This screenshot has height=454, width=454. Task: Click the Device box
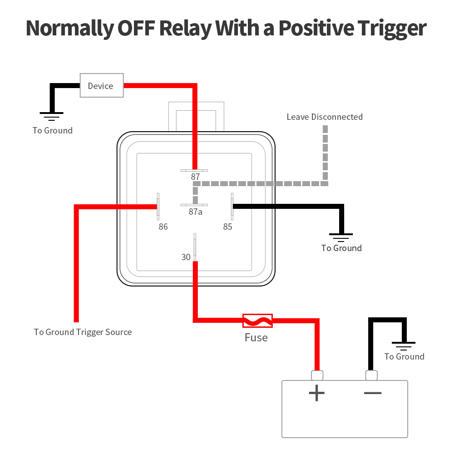tap(102, 85)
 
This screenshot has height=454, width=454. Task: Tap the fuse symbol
tap(257, 321)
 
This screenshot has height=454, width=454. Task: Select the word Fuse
tap(256, 338)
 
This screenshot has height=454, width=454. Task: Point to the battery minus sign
tap(373, 392)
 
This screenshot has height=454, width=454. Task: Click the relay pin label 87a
tap(196, 212)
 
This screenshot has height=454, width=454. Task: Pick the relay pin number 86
tap(163, 227)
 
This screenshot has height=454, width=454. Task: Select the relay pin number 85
tap(227, 227)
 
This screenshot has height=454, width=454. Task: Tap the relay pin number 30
tap(186, 257)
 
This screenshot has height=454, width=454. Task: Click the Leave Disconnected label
tap(325, 117)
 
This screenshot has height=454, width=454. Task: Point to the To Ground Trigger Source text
tap(83, 332)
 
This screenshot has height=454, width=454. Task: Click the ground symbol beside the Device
tap(52, 116)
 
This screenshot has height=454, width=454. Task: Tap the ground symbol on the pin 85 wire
tap(340, 237)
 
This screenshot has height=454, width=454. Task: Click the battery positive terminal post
tap(317, 375)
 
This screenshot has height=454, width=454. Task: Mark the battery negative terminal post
tap(371, 375)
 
